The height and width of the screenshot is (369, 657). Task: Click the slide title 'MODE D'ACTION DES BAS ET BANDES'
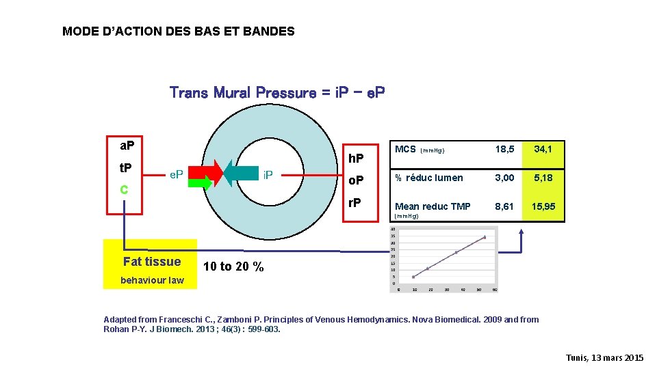click(178, 31)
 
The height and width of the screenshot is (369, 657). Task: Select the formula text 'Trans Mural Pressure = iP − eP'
click(277, 92)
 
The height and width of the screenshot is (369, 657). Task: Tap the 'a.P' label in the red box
click(127, 146)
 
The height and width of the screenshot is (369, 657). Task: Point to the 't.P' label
click(126, 168)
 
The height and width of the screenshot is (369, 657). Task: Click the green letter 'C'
click(124, 189)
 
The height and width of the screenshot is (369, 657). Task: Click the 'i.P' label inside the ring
click(268, 175)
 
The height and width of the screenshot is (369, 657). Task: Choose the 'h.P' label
click(357, 158)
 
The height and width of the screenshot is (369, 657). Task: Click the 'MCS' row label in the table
click(405, 149)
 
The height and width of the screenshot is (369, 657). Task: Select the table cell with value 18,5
click(504, 149)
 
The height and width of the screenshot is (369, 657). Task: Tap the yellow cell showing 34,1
click(544, 149)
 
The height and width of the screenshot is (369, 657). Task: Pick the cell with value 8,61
click(504, 206)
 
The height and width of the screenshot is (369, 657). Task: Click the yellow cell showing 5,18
click(544, 178)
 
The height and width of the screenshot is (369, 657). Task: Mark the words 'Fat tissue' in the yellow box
click(152, 262)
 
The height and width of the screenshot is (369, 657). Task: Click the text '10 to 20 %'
click(233, 266)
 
